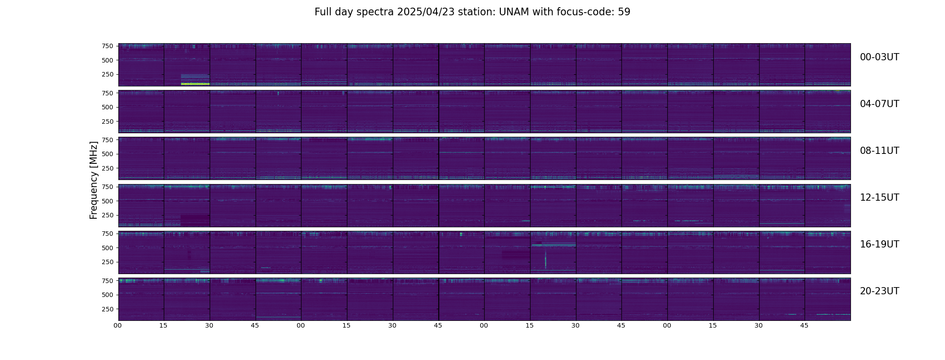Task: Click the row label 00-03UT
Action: [x=879, y=57]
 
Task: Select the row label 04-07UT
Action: [x=879, y=104]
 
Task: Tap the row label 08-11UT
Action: [x=879, y=151]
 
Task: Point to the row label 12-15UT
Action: [x=879, y=198]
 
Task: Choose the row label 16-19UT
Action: [x=879, y=244]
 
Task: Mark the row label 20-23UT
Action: [x=879, y=291]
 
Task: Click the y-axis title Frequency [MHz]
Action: [x=94, y=180]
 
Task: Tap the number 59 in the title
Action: [x=624, y=12]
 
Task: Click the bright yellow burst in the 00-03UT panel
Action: [x=195, y=84]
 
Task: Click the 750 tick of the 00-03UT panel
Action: [x=107, y=46]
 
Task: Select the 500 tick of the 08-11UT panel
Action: [x=107, y=154]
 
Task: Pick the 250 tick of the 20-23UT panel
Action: [x=107, y=309]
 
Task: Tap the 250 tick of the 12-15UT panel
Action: [x=107, y=215]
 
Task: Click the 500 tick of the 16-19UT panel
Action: [x=107, y=248]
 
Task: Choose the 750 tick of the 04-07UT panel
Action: [x=107, y=93]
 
